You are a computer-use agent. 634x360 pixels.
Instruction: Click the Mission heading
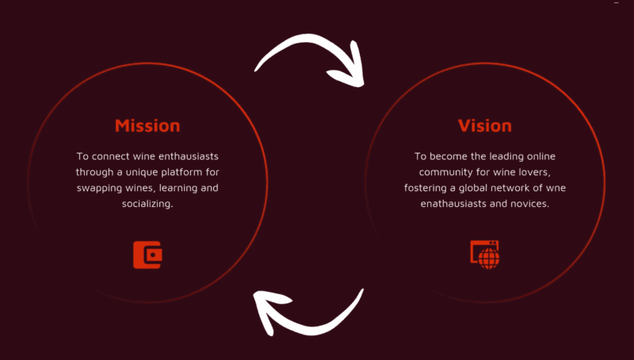(x=147, y=125)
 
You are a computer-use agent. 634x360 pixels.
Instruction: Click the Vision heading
(x=485, y=125)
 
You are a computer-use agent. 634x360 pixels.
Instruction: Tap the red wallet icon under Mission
(x=147, y=255)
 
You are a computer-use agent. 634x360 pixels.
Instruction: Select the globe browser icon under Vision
(x=485, y=255)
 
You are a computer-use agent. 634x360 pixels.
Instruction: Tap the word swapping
(x=99, y=188)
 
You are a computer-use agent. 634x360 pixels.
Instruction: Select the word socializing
(x=147, y=204)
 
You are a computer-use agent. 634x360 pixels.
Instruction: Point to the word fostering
(x=426, y=188)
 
